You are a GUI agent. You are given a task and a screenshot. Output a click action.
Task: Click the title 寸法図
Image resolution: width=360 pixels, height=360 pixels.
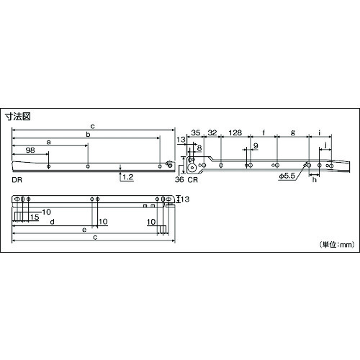click(18, 117)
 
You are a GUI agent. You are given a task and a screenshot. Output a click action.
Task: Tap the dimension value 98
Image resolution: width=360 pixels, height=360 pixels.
click(30, 150)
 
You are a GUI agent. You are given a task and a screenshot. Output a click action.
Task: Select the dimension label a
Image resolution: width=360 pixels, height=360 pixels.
click(49, 143)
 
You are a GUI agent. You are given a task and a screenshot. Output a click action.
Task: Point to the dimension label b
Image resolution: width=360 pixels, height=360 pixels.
click(88, 135)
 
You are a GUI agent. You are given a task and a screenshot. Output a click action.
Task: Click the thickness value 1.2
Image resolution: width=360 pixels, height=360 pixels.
click(127, 177)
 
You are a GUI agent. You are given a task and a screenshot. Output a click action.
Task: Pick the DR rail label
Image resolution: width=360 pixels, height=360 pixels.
click(17, 180)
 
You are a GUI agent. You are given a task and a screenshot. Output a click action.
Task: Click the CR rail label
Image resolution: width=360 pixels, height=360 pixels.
click(193, 180)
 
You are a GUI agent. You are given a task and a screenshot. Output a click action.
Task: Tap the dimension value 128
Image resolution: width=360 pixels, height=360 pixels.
click(235, 132)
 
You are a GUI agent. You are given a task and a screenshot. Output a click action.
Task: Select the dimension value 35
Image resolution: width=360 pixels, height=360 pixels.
click(195, 132)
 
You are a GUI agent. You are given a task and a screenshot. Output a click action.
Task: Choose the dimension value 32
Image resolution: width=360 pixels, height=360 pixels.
click(212, 132)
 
